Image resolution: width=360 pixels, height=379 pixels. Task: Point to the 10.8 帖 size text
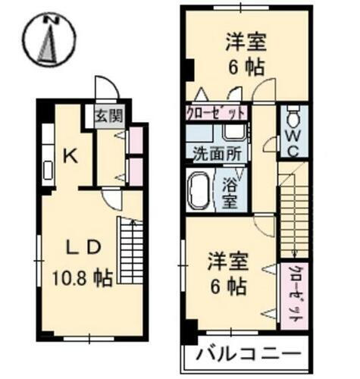(82, 278)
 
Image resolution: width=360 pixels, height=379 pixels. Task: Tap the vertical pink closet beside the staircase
(292, 296)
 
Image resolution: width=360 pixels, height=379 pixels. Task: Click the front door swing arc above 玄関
(104, 89)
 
